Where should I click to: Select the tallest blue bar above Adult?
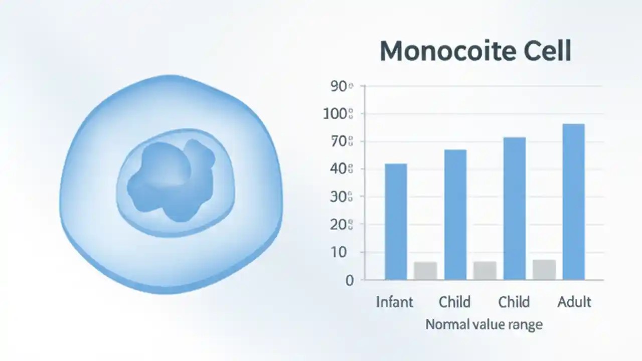click(x=573, y=201)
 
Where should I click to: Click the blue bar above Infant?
click(x=396, y=221)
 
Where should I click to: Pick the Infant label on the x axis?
click(x=395, y=302)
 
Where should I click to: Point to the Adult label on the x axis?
click(x=574, y=302)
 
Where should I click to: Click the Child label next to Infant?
click(x=454, y=302)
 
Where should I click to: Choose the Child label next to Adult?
click(x=514, y=302)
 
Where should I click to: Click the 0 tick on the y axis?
click(x=350, y=280)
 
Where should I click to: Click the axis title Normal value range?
click(x=484, y=324)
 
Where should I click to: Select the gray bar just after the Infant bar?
click(x=425, y=270)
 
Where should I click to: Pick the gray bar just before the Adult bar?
click(x=544, y=269)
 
